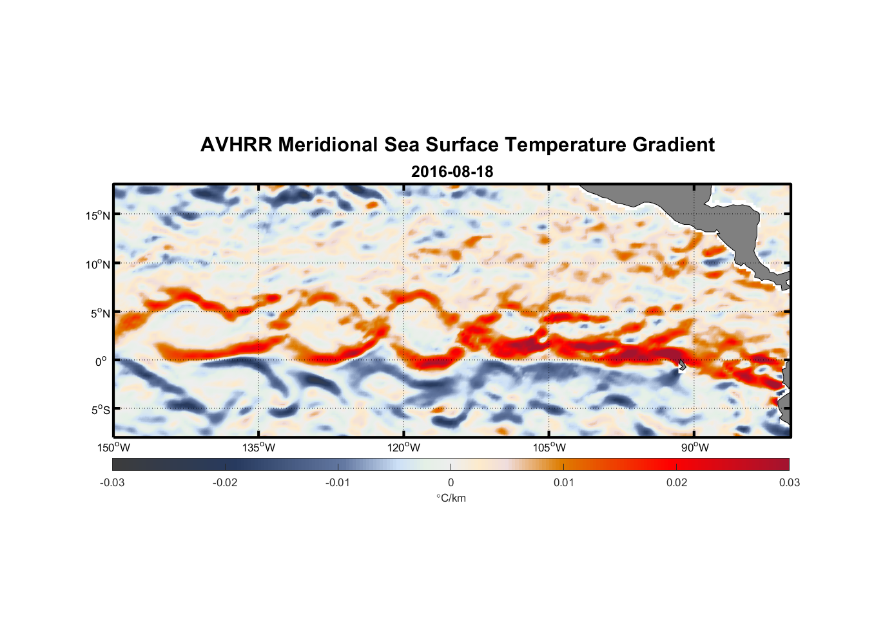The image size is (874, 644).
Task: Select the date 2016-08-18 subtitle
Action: coord(452,172)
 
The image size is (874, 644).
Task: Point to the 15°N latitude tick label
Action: coord(98,215)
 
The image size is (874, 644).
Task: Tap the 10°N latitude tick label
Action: coord(98,264)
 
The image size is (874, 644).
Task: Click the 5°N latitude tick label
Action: coord(100,313)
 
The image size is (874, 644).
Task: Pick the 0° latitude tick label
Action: coord(101,361)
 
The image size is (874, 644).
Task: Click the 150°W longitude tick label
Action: coord(113,448)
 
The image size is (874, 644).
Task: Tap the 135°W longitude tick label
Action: coord(258,448)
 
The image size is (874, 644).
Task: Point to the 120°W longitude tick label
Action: coord(404,448)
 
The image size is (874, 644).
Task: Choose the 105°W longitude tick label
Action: coord(549,448)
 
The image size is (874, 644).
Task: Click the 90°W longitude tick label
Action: coord(695,448)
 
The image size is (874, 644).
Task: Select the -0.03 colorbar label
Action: coord(112,482)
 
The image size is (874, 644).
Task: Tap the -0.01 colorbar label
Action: coord(338,482)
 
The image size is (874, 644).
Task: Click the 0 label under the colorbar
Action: coord(451,482)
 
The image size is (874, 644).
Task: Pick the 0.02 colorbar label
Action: coord(677,482)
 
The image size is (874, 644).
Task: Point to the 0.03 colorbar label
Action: coord(789,482)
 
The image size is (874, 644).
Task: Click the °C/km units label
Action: coord(451,498)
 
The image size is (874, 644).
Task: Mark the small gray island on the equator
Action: coord(682,365)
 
